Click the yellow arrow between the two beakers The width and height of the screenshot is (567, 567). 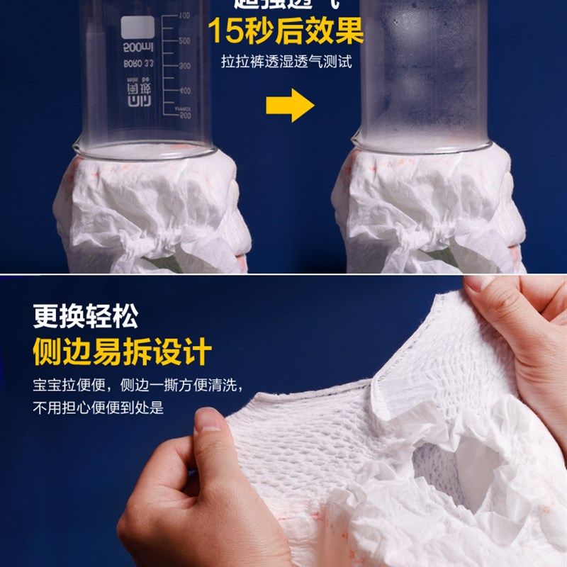pyautogui.click(x=290, y=106)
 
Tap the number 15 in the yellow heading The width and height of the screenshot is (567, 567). pyautogui.click(x=226, y=30)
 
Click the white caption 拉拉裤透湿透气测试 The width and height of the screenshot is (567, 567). pyautogui.click(x=286, y=62)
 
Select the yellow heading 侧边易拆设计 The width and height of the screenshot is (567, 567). pyautogui.click(x=122, y=352)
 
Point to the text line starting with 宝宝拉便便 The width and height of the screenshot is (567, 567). pyautogui.click(x=138, y=386)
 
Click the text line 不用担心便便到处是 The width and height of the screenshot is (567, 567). pyautogui.click(x=98, y=407)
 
